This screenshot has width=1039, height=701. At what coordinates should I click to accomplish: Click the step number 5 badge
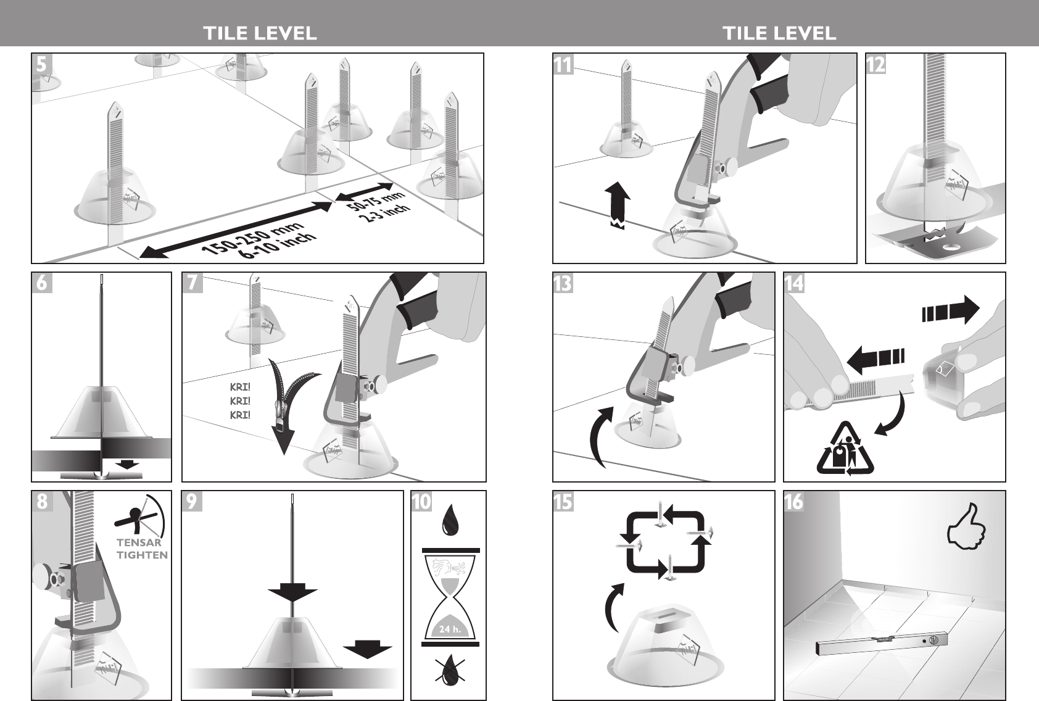pos(42,64)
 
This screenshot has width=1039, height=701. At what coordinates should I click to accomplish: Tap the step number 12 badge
pos(875,64)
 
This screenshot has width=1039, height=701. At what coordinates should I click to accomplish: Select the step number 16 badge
pos(794,502)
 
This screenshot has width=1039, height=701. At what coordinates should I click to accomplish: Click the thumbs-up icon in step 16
pos(966,528)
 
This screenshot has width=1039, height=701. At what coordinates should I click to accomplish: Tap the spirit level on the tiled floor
pos(881,645)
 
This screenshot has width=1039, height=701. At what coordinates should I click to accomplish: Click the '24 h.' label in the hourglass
pos(450,629)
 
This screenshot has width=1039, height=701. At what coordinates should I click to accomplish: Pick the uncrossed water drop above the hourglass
pos(449,521)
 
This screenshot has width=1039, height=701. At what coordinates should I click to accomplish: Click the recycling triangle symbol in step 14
pos(845,449)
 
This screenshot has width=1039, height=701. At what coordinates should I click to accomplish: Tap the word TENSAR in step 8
pos(139,542)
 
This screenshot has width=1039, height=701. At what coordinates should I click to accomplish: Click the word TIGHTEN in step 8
pos(142,555)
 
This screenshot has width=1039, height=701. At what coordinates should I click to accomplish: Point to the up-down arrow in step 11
pos(618,205)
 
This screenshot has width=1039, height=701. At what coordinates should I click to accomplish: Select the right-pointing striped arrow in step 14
pos(951,309)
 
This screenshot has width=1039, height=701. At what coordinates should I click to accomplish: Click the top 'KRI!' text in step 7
pos(240,388)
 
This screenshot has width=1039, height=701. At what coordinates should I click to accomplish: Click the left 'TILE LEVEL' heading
pos(260,33)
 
